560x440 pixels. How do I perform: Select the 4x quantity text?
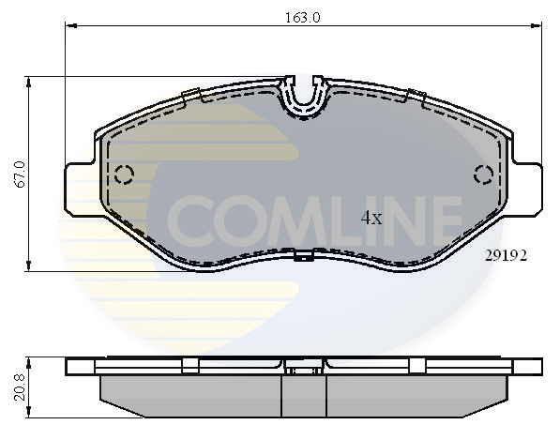[371, 219]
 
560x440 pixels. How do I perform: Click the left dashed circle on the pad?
[124, 174]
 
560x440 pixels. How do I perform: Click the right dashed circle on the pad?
[484, 174]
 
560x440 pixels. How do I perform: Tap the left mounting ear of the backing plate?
[79, 189]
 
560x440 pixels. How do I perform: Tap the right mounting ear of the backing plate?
[528, 189]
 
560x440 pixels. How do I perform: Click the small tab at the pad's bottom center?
[302, 256]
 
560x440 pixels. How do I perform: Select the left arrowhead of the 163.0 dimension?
[69, 27]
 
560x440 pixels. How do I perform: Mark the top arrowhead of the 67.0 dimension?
[31, 83]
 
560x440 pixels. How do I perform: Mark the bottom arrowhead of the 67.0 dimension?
[31, 266]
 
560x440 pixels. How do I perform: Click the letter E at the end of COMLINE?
[444, 220]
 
